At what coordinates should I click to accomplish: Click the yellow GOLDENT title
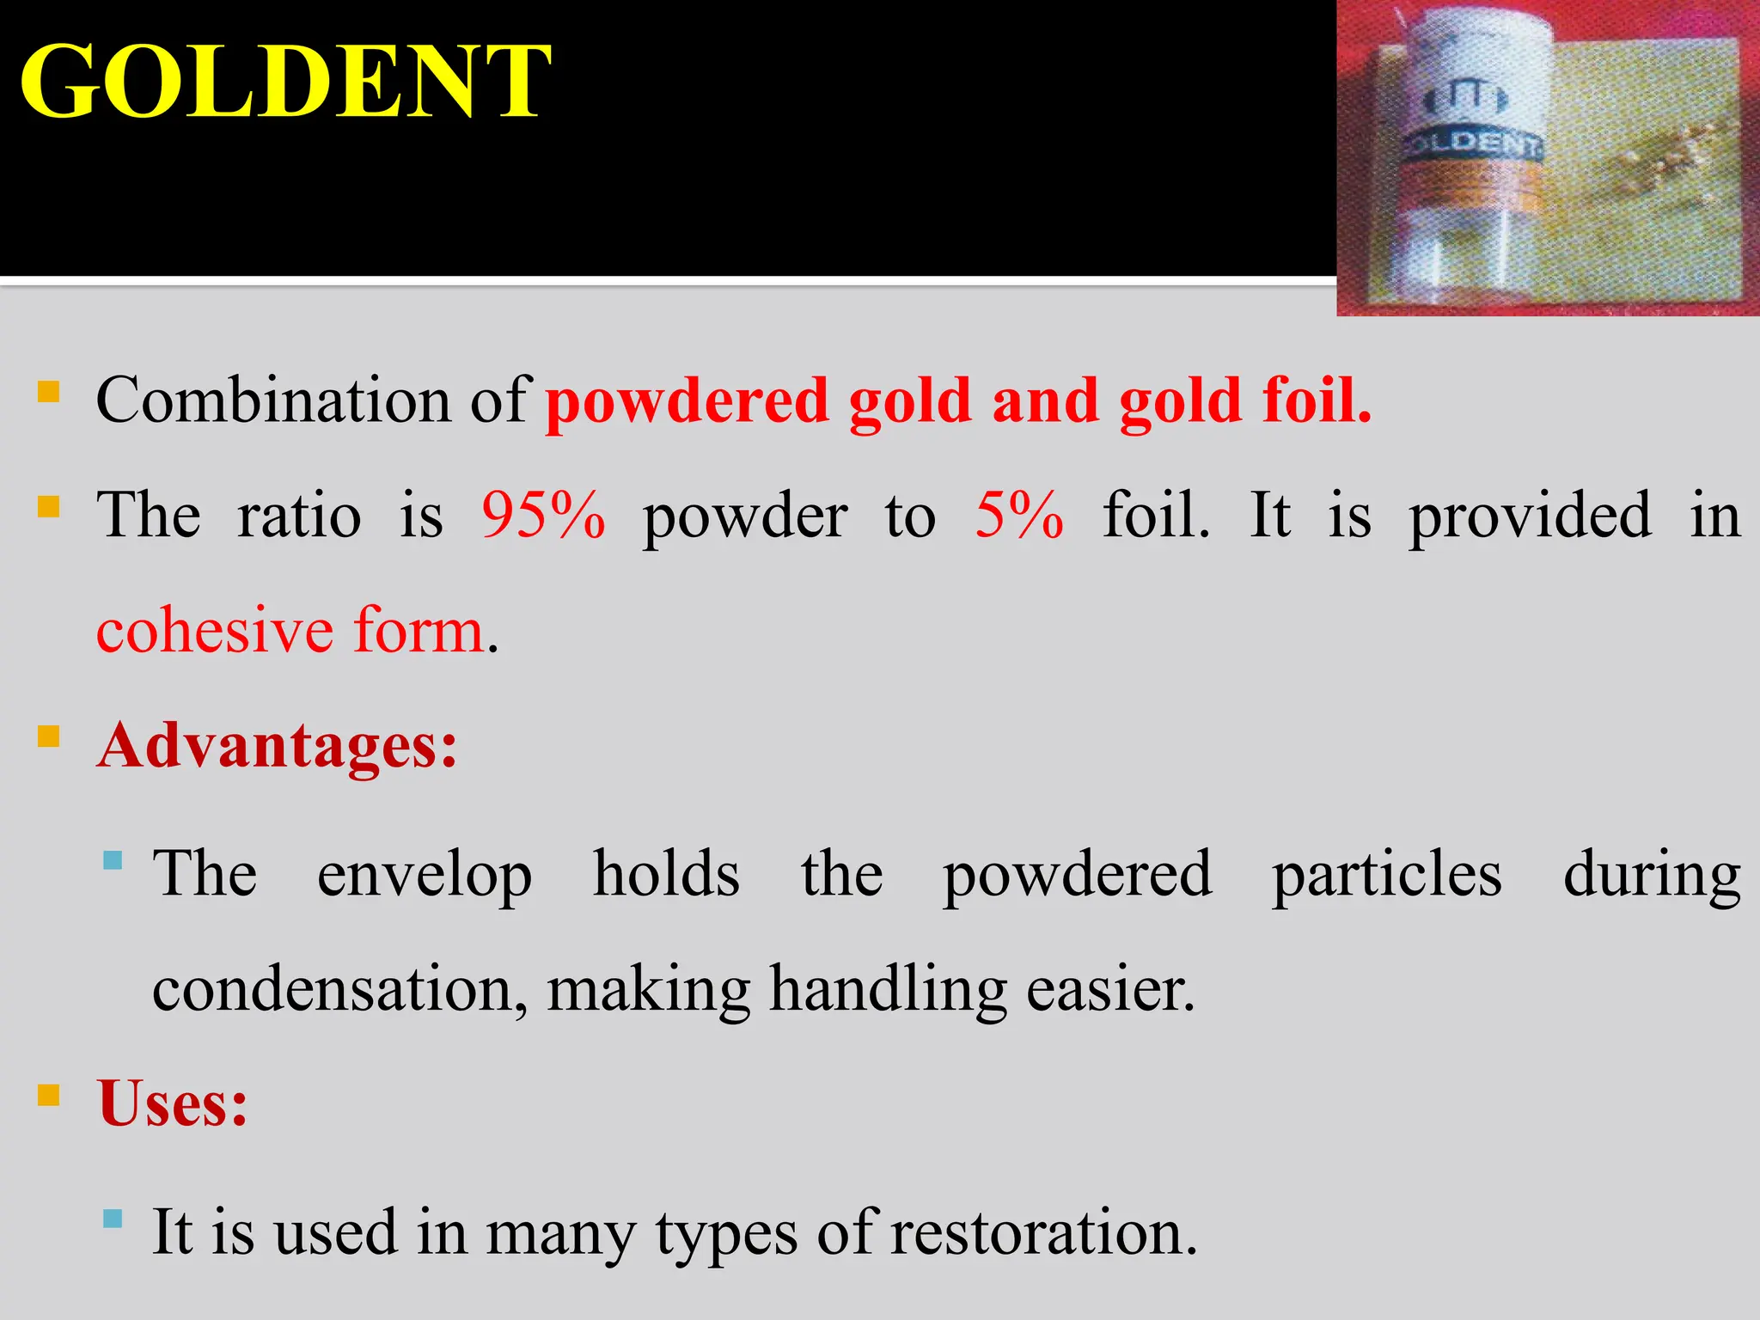point(284,82)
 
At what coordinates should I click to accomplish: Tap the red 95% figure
point(543,516)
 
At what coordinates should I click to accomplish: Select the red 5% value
point(1019,516)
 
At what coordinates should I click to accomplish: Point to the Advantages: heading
point(278,745)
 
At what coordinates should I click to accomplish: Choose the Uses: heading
point(173,1103)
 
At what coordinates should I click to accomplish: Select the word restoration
point(1042,1232)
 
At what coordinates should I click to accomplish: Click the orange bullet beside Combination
point(49,393)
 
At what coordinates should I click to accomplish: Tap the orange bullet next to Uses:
point(49,1096)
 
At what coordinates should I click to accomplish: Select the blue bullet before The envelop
point(112,860)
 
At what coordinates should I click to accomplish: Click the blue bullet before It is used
point(112,1219)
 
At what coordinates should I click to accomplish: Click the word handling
point(888,990)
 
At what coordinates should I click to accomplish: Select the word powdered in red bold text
point(687,402)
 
